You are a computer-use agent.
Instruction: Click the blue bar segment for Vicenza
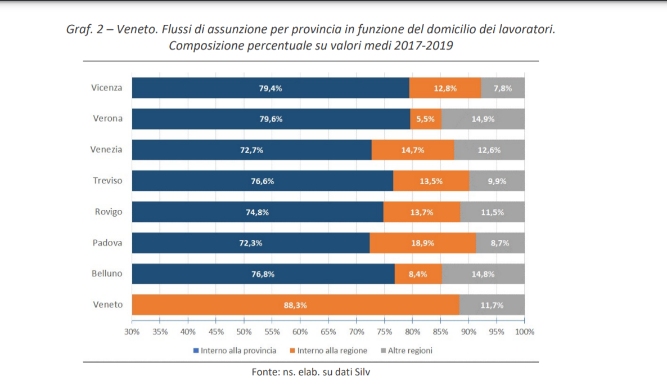270,88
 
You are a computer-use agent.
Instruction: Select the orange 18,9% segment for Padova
422,243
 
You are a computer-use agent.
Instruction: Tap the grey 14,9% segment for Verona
483,119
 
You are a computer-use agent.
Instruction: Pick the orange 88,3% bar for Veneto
295,305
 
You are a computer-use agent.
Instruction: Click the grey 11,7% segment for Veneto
492,305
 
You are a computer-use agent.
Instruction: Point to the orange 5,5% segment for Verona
426,119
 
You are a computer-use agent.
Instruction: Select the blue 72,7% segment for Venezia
251,150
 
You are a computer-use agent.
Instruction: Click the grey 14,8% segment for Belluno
483,274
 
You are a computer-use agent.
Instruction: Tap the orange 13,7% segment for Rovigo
422,212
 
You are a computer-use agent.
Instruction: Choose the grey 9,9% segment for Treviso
497,181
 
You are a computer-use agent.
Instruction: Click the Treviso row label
107,181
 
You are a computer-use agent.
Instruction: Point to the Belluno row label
107,274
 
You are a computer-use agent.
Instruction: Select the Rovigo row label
109,212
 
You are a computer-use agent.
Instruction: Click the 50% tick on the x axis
244,332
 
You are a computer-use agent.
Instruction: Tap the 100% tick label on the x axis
525,332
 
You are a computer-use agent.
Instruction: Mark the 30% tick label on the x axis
132,332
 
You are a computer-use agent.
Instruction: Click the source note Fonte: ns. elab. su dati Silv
310,371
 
